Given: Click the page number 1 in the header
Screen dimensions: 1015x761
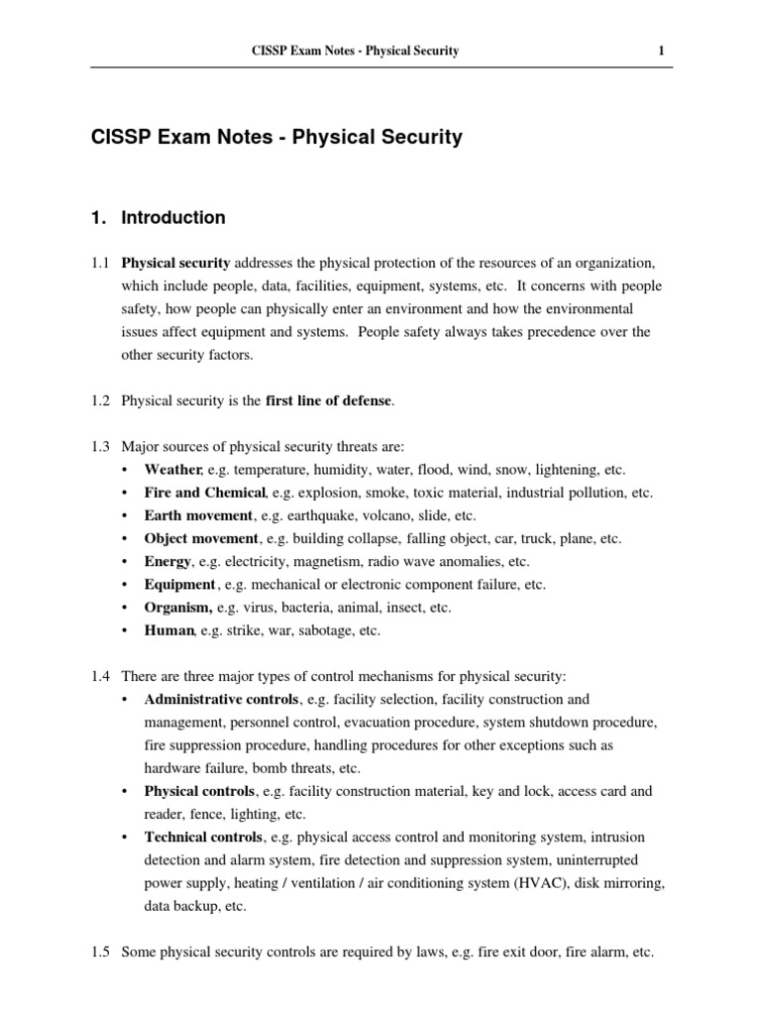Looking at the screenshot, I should coord(661,51).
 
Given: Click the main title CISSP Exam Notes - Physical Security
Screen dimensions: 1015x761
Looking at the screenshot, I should coord(276,138).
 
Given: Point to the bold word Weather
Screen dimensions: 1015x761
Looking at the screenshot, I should coord(173,470).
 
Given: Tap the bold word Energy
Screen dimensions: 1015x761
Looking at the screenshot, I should coord(167,561).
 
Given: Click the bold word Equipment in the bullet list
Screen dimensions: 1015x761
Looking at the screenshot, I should coord(179,585).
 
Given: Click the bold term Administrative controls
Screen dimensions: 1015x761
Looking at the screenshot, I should coord(221,700).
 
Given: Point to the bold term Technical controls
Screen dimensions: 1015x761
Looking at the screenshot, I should coord(204,838).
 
